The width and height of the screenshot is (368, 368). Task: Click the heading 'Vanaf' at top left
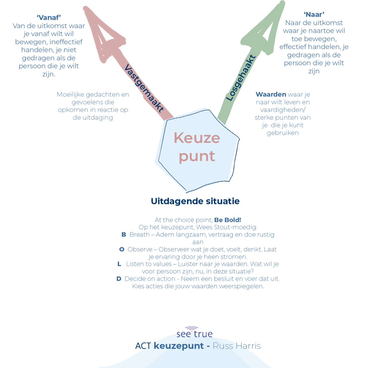click(x=49, y=18)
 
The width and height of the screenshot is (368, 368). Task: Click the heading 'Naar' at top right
click(x=314, y=15)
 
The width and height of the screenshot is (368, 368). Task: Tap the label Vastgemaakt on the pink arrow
click(x=144, y=88)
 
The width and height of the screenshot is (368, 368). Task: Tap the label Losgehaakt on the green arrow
click(x=241, y=78)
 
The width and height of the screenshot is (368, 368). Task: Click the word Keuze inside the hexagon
click(x=197, y=138)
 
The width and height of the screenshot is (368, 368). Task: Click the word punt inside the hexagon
click(x=197, y=157)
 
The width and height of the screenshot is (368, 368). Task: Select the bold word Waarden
click(x=271, y=95)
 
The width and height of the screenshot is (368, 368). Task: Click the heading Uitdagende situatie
click(x=195, y=201)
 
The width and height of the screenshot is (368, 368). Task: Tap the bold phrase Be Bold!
click(x=228, y=220)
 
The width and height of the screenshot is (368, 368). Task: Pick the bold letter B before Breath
click(x=124, y=235)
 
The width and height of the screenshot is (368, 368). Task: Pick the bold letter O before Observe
click(x=122, y=249)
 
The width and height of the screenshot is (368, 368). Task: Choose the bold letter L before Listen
click(x=119, y=264)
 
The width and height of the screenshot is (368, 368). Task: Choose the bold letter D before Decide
click(x=119, y=279)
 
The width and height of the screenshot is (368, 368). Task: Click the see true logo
click(x=195, y=332)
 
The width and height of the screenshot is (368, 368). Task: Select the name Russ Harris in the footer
click(x=237, y=346)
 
